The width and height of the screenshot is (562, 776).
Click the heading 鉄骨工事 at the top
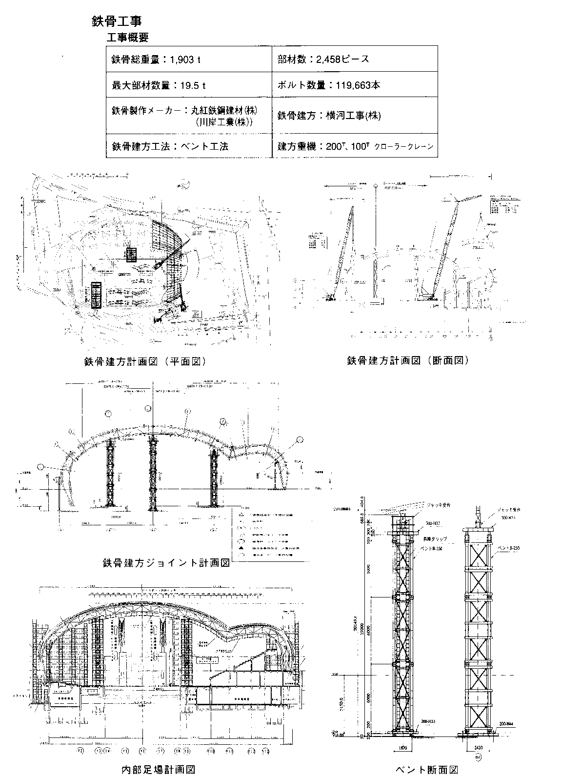117,21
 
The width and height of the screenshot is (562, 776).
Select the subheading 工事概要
127,38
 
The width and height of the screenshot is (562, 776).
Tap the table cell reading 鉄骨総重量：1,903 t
157,60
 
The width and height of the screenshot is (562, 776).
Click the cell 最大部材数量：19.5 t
159,85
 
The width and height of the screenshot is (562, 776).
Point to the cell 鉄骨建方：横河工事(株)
329,116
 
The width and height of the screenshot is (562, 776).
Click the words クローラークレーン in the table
403,147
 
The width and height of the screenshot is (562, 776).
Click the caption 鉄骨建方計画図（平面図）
144,361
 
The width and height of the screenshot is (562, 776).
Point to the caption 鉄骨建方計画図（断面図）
408,360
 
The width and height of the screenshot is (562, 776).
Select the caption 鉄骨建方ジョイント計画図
166,562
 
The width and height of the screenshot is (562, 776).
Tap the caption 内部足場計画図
158,770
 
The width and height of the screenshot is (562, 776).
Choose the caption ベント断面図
427,770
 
